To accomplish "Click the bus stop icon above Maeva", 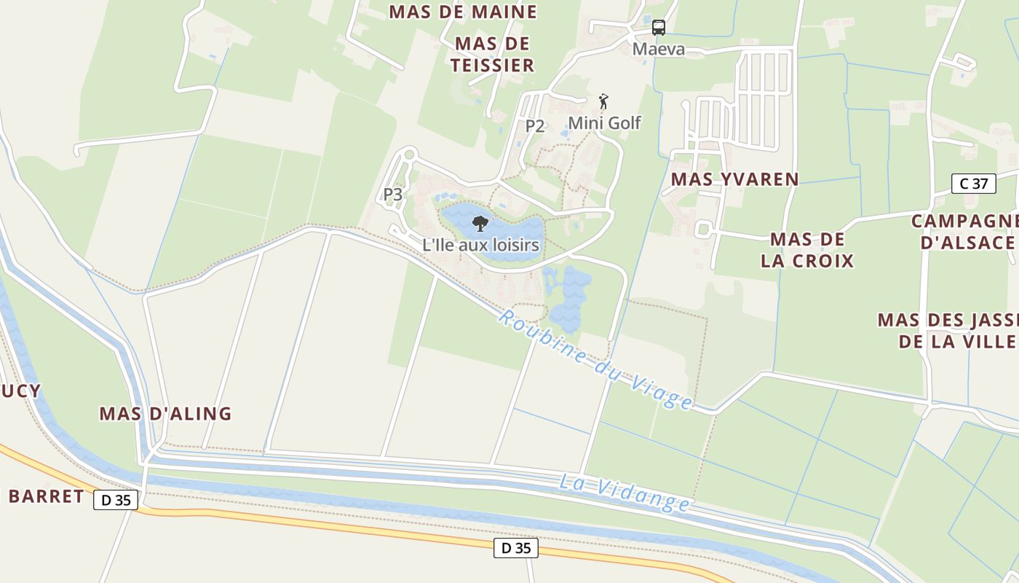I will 658,28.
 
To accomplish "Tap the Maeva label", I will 658,50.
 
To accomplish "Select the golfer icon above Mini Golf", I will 603,101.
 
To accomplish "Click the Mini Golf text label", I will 604,123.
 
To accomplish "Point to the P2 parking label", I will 535,125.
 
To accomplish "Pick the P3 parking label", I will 393,195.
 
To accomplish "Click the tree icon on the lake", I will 480,224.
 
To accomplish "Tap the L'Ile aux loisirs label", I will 480,245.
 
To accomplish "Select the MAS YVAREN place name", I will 734,179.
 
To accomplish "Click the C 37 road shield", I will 974,184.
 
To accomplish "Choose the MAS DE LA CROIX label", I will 807,250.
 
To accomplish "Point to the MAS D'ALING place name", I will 165,414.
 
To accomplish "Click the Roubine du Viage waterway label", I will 595,359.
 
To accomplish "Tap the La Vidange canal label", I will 625,492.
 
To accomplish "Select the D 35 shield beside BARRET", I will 116,501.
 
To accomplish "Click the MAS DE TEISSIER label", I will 492,55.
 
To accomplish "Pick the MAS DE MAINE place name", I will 463,12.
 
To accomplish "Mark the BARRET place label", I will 46,497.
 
